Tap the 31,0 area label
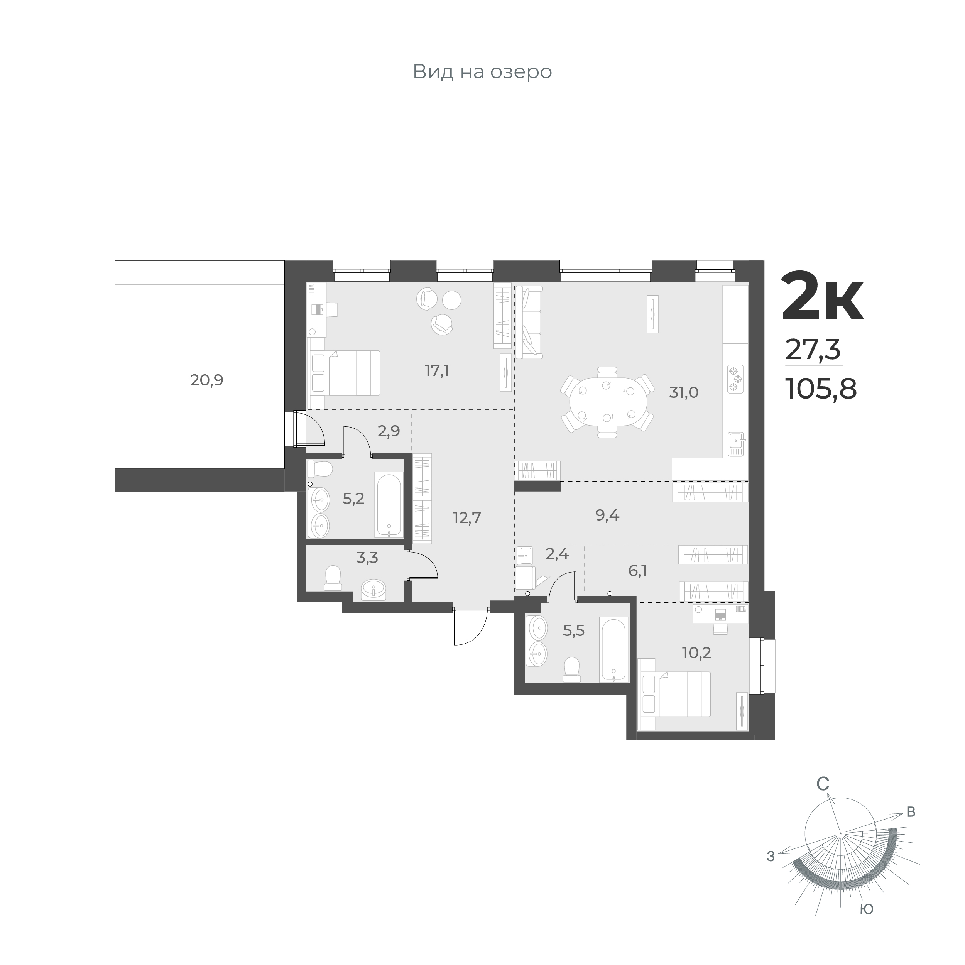click(684, 392)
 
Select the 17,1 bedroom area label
click(436, 371)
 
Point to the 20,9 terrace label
click(206, 380)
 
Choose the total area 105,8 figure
click(821, 389)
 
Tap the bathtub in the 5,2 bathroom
click(389, 505)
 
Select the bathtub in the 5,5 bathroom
click(613, 650)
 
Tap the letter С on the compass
click(823, 798)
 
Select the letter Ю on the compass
click(867, 909)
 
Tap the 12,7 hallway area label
click(467, 517)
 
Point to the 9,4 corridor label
click(607, 515)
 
